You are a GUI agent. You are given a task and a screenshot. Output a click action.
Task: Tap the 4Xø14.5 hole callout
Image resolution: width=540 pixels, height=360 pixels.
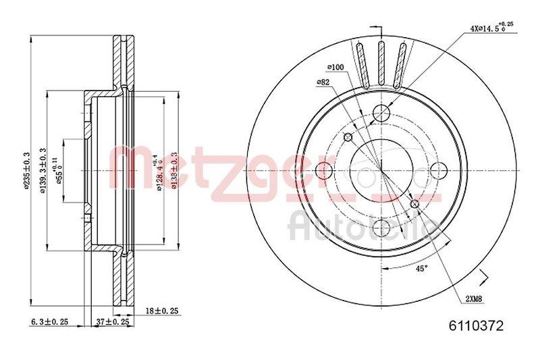pos(491,28)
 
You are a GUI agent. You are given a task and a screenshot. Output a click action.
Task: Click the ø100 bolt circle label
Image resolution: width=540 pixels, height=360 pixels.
pos(336,68)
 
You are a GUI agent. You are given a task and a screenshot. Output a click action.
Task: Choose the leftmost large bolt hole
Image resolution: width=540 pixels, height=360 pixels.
pos(323,169)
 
